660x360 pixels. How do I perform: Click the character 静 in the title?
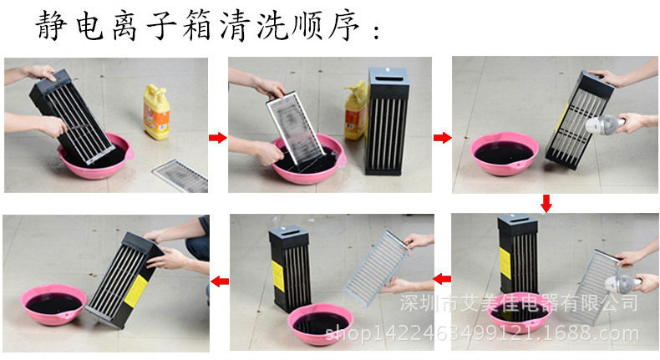tap(51, 25)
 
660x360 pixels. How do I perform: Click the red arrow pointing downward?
tap(546, 203)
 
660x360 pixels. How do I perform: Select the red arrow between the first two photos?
tap(217, 137)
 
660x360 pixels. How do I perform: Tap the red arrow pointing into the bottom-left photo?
tap(220, 281)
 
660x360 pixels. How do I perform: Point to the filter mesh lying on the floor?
tap(180, 175)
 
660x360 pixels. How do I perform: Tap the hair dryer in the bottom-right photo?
tap(624, 284)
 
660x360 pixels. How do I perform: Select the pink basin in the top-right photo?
tap(505, 153)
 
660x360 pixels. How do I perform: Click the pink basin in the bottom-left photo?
tap(53, 304)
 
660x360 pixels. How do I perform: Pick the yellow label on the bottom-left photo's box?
tap(136, 291)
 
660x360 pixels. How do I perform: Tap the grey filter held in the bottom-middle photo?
tap(377, 268)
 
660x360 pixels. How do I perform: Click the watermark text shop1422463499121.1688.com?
tap(482, 333)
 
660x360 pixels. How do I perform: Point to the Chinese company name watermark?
tap(519, 302)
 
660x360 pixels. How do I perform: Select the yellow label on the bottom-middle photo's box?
tap(277, 276)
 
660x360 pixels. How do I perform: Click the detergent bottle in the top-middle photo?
tap(355, 110)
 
